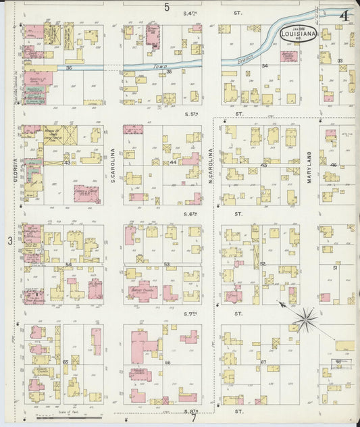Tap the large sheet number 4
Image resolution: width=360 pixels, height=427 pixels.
click(345, 15)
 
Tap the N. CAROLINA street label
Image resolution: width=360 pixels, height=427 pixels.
click(211, 167)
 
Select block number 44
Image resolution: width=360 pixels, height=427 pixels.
click(173, 163)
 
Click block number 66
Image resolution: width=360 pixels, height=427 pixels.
click(167, 363)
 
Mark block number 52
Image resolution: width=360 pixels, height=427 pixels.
click(263, 264)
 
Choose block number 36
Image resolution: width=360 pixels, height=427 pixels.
click(69, 68)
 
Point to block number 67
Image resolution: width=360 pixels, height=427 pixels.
click(263, 363)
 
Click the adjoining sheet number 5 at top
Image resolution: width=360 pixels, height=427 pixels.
click(167, 7)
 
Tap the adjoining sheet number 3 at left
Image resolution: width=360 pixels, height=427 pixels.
click(10, 241)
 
